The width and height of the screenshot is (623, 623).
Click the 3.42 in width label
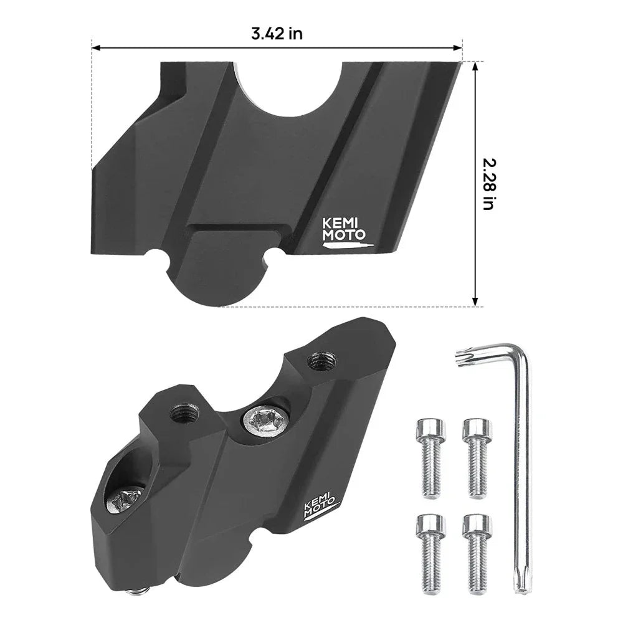277,34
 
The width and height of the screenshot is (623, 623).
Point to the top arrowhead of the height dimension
476,65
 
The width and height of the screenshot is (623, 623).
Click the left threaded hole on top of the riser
183,412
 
